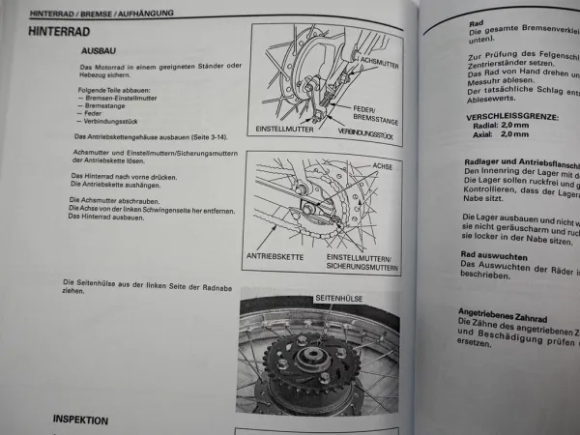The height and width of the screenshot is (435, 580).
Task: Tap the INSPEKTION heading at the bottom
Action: click(x=80, y=420)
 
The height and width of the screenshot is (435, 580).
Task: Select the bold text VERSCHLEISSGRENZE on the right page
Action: click(x=501, y=114)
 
